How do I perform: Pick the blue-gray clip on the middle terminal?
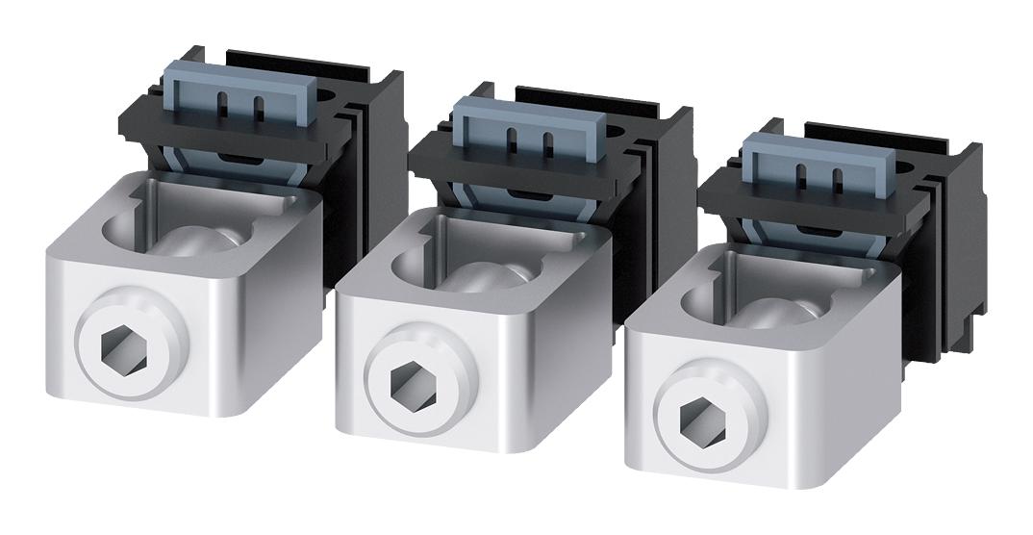coord(527,126)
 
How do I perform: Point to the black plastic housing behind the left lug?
coord(370,154)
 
